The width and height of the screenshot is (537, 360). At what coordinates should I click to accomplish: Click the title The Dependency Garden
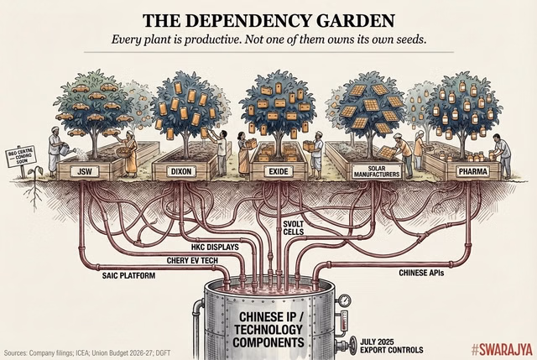(268, 20)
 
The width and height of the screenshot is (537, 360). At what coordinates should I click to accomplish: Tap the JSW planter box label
(83, 171)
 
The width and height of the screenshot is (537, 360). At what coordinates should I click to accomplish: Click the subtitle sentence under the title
(268, 41)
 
